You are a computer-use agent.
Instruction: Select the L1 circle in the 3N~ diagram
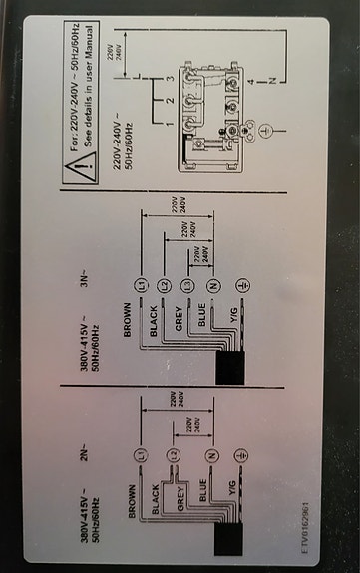point(144,287)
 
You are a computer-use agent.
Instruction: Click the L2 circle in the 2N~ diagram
point(172,455)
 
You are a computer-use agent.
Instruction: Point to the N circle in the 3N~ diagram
point(212,287)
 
